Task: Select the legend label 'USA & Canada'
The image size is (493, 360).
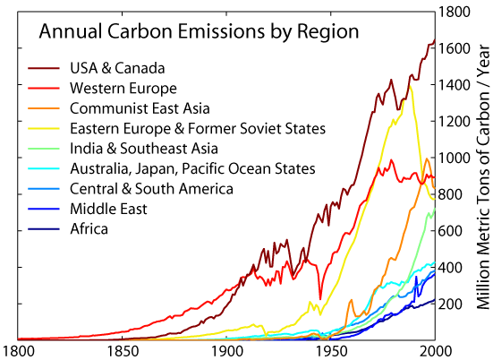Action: (116, 68)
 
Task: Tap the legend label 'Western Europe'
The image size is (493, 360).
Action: (123, 88)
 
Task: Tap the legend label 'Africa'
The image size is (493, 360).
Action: (89, 229)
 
